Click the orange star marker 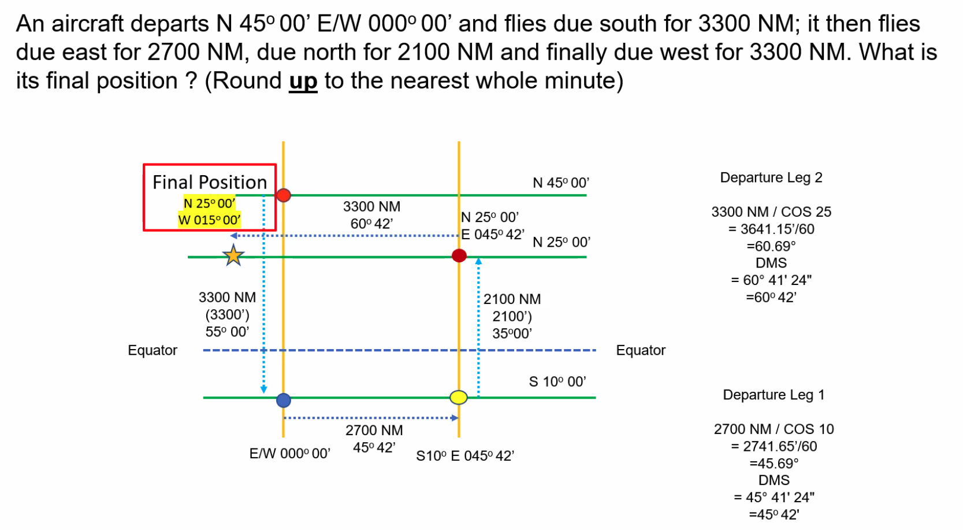pyautogui.click(x=233, y=255)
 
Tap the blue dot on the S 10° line pyautogui.click(x=284, y=400)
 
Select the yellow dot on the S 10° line pyautogui.click(x=459, y=397)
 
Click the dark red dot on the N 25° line pyautogui.click(x=459, y=255)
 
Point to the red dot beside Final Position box pyautogui.click(x=284, y=195)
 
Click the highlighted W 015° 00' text pyautogui.click(x=209, y=220)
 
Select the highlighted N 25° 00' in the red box pyautogui.click(x=209, y=203)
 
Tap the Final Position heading pyautogui.click(x=210, y=183)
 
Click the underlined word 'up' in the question pyautogui.click(x=303, y=81)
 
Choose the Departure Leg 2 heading pyautogui.click(x=771, y=177)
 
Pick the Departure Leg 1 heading pyautogui.click(x=774, y=395)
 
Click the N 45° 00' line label pyautogui.click(x=561, y=183)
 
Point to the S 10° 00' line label pyautogui.click(x=557, y=381)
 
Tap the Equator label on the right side pyautogui.click(x=641, y=350)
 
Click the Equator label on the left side pyautogui.click(x=153, y=350)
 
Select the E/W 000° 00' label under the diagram pyautogui.click(x=289, y=454)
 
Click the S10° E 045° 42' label pyautogui.click(x=465, y=456)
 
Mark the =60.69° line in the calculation pyautogui.click(x=771, y=246)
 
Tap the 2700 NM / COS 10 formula pyautogui.click(x=774, y=429)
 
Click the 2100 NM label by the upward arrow pyautogui.click(x=512, y=299)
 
